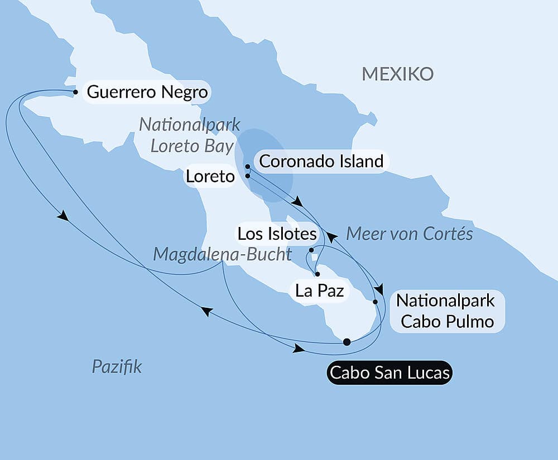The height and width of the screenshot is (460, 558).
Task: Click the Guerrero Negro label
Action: (147, 92)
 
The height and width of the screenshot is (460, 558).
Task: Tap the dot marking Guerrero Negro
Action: (75, 91)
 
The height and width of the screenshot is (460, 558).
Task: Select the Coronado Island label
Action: (321, 162)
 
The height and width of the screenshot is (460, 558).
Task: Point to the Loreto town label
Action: (210, 177)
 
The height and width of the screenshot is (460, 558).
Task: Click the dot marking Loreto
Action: (247, 176)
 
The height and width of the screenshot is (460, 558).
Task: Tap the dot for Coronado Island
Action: (247, 167)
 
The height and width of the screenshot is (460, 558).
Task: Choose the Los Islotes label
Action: (277, 234)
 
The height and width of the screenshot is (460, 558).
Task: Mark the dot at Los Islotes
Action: (311, 250)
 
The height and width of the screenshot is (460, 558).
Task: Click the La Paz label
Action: (319, 290)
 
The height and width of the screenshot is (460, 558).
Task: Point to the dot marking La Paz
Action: (317, 274)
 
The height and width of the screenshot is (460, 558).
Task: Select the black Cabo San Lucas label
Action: (389, 372)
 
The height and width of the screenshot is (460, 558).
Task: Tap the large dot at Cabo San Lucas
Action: (347, 342)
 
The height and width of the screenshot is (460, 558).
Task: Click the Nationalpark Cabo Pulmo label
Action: (445, 311)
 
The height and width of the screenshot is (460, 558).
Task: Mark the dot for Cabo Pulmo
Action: (375, 302)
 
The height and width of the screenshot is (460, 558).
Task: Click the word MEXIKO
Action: (397, 74)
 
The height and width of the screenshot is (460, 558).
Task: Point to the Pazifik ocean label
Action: (117, 367)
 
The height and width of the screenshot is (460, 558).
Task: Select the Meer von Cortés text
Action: (409, 234)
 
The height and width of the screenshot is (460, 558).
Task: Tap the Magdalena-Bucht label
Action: (222, 254)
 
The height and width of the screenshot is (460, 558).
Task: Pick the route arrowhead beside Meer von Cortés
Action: (332, 238)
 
